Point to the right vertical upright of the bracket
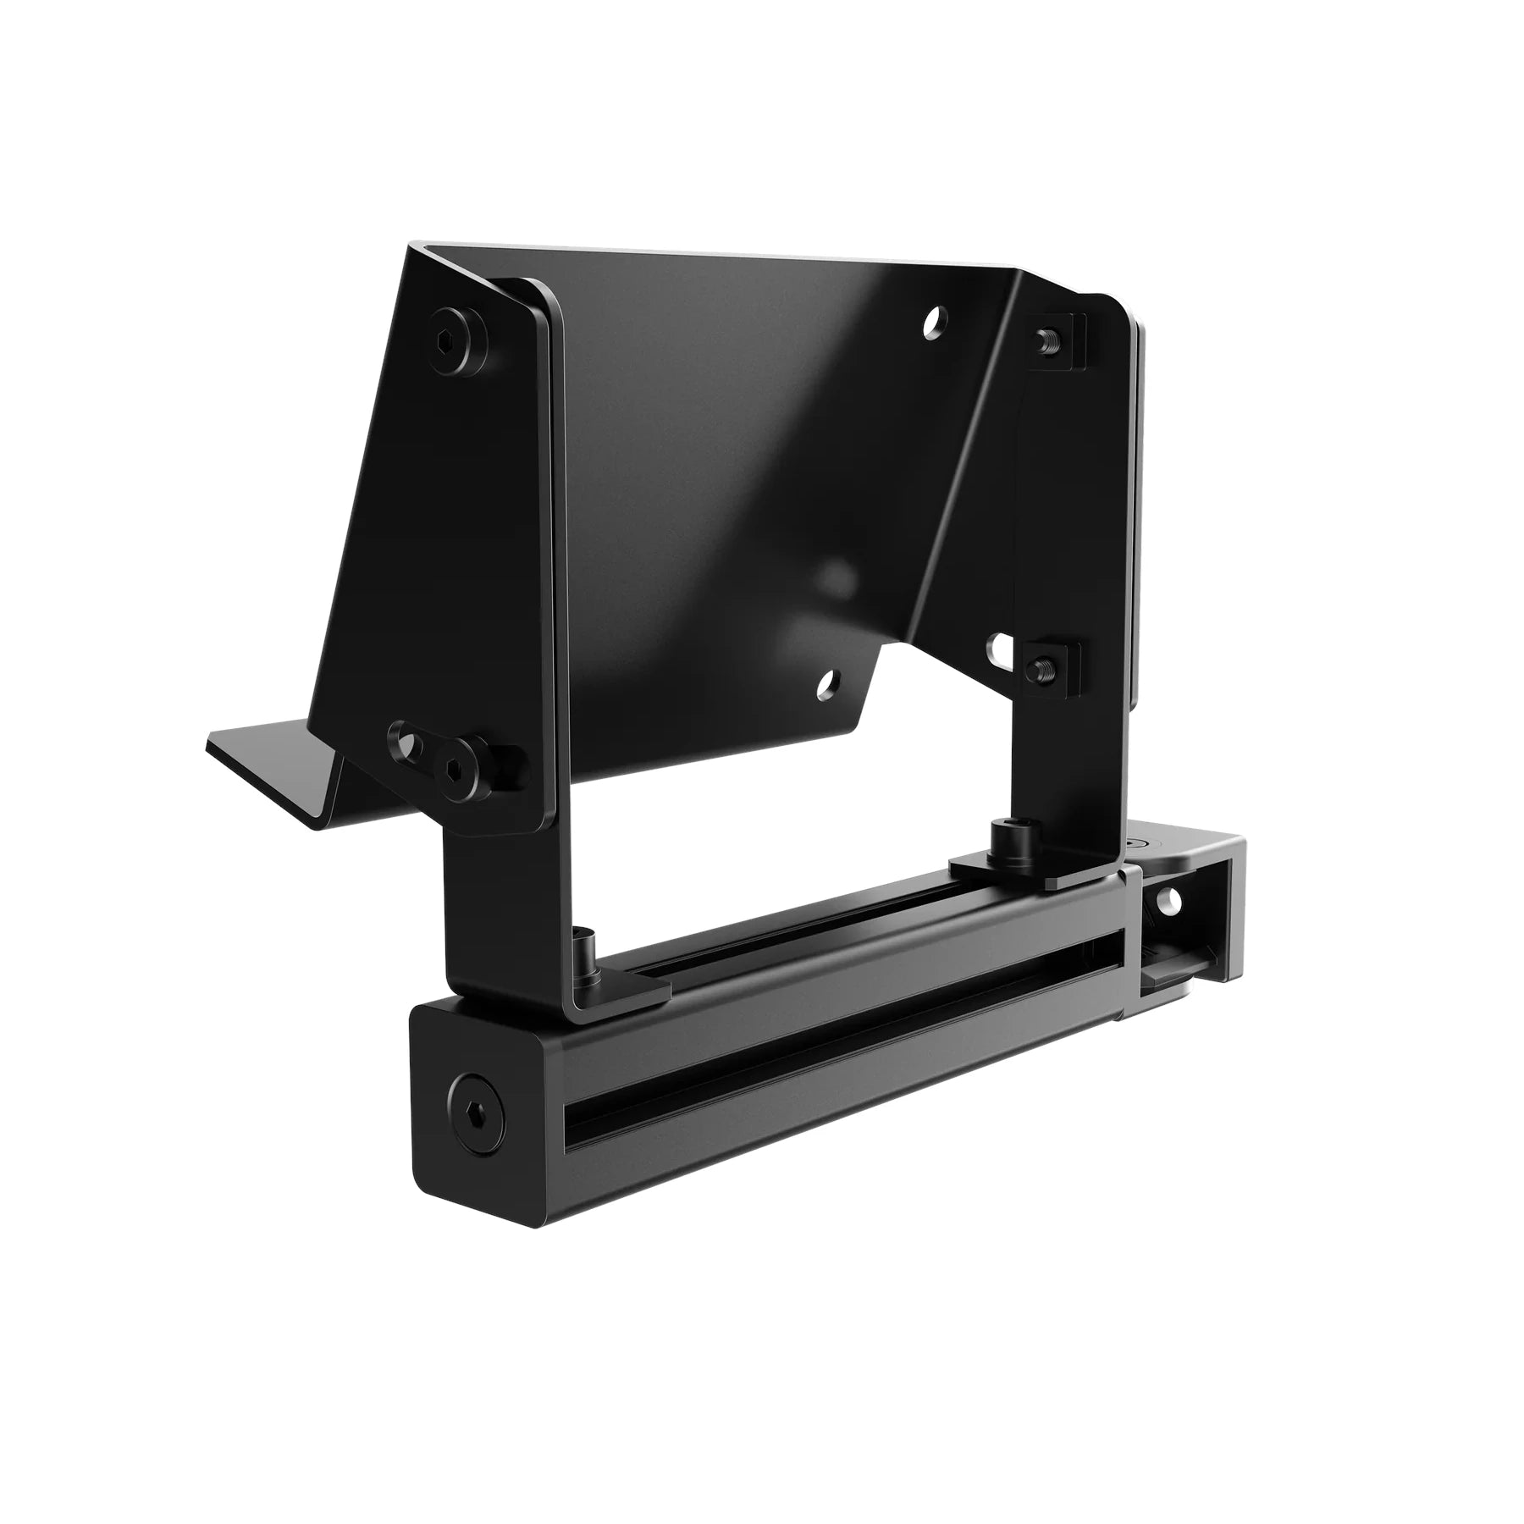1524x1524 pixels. (x=1075, y=542)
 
